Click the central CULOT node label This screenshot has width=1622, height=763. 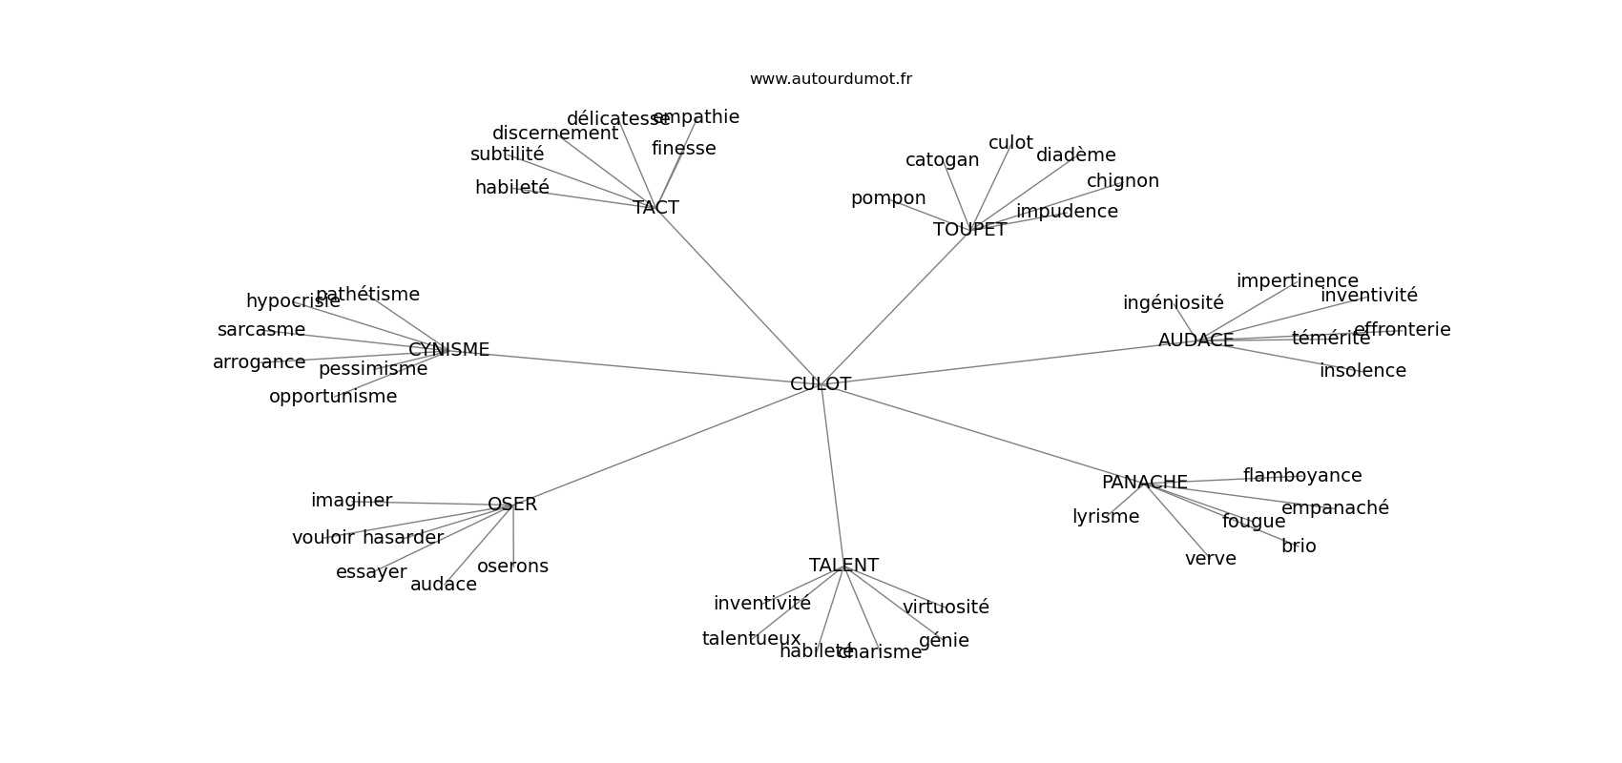coord(821,384)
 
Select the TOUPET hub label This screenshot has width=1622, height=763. coord(969,230)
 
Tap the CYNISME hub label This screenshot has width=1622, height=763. coord(448,350)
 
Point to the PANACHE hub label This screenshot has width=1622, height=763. coord(1144,483)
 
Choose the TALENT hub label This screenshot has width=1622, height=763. coord(843,566)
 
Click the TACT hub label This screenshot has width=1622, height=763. coord(655,208)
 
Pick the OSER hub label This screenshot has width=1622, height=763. coord(512,505)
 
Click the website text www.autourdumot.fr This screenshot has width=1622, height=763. coord(830,79)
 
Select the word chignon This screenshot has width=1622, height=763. coord(1122,181)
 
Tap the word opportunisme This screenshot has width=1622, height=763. coord(332,397)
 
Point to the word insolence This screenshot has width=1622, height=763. coord(1362,371)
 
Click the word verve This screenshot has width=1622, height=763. coord(1210,559)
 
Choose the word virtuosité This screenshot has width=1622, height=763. coord(946,608)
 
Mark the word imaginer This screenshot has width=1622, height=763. coord(351,501)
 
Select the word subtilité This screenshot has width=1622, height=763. coord(507,155)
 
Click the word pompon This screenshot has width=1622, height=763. coord(888,198)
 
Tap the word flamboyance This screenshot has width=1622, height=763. coord(1301,476)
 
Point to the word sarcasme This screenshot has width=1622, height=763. coord(260,330)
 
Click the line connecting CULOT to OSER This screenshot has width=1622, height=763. coord(658,447)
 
